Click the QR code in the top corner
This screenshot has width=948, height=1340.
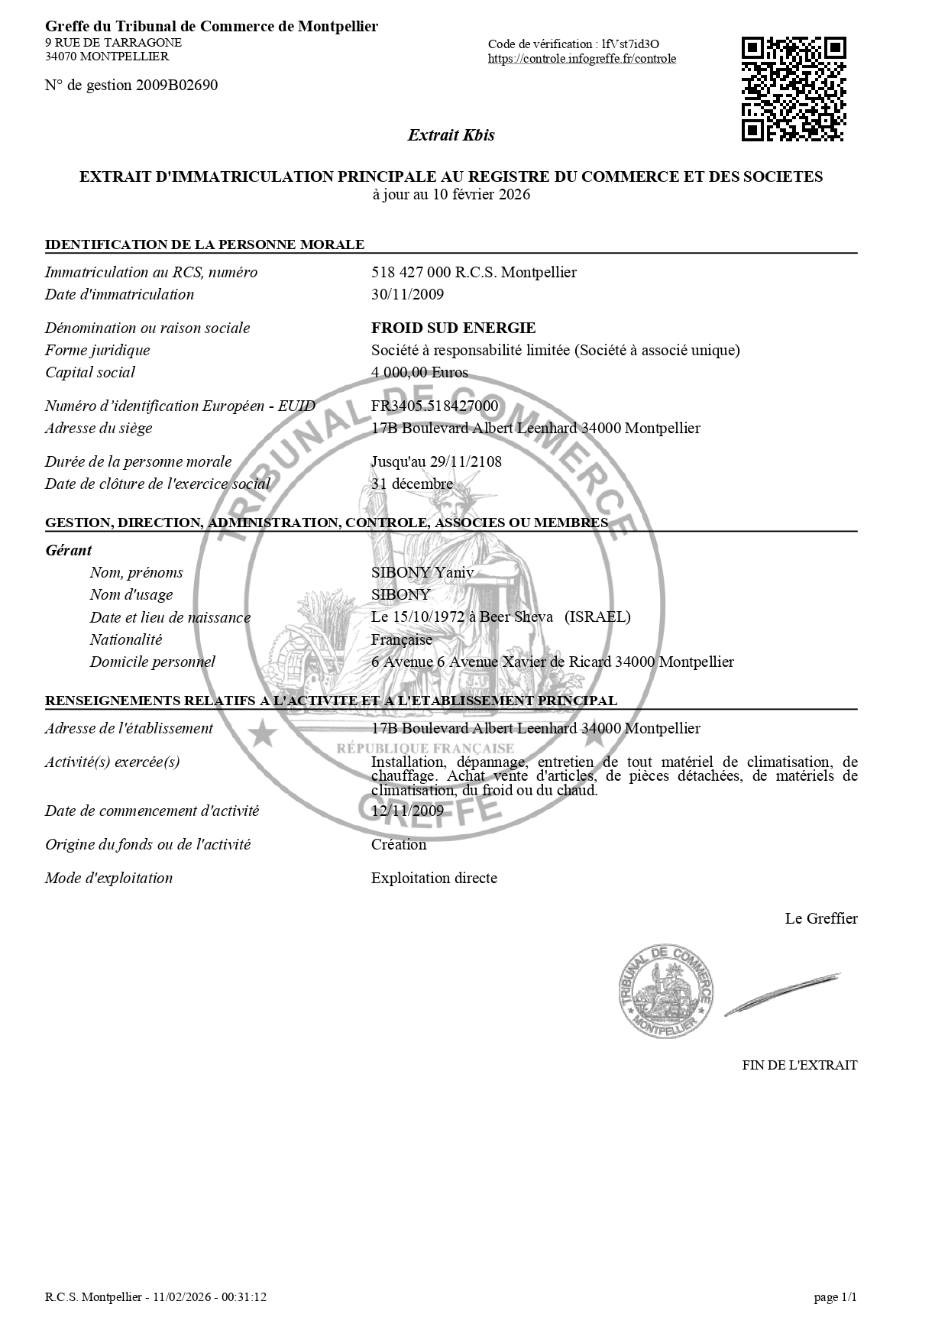794,89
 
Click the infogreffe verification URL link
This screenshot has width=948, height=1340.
581,59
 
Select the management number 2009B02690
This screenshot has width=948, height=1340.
176,85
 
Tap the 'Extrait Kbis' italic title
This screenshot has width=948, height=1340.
451,135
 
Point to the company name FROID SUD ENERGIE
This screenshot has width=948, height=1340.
453,328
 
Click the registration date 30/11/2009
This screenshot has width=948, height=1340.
407,294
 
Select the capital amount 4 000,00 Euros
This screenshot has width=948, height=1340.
419,372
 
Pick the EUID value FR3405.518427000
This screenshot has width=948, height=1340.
434,406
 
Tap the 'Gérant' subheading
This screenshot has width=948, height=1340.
69,550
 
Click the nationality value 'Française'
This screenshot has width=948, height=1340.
401,639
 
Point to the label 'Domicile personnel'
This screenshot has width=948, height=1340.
152,662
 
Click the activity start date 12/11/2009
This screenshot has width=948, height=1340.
407,811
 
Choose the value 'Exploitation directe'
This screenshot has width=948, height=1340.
434,878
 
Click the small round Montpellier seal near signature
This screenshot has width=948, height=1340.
665,991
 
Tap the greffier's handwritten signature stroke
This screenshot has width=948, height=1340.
782,994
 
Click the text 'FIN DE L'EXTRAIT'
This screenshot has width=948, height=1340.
799,1065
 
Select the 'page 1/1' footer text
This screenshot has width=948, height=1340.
835,1297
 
